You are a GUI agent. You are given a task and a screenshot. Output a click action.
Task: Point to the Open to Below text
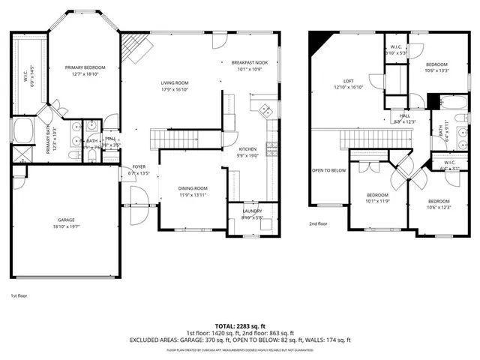click(x=328, y=170)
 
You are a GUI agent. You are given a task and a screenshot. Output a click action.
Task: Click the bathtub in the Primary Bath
click(x=22, y=131)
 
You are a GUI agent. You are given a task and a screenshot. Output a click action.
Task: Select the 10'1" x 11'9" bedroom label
click(x=377, y=197)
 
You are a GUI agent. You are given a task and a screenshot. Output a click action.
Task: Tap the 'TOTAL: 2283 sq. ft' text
click(x=240, y=326)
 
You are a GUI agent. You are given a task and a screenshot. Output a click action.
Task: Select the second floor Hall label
click(x=404, y=118)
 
